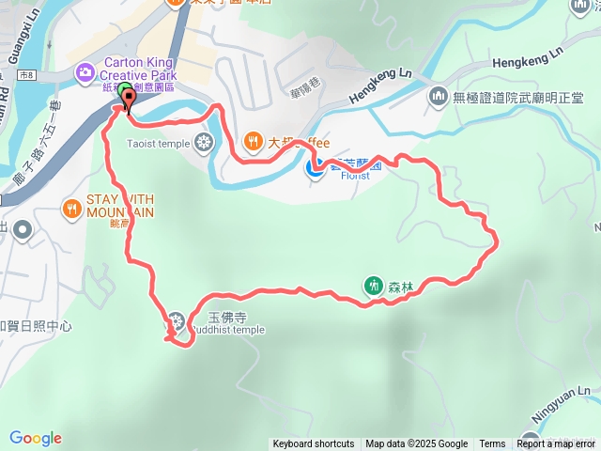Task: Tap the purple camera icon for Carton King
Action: pos(85,70)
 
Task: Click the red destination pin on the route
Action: pos(126,98)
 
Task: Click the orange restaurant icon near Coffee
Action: pos(253,143)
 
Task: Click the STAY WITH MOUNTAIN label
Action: pos(120,206)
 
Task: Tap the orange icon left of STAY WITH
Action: pos(71,207)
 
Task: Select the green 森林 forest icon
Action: pos(374,286)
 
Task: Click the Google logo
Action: pos(36,438)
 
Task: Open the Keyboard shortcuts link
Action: pos(314,444)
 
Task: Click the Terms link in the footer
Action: pos(492,444)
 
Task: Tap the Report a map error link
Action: pos(557,444)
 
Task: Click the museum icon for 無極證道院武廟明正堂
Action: pos(439,96)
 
